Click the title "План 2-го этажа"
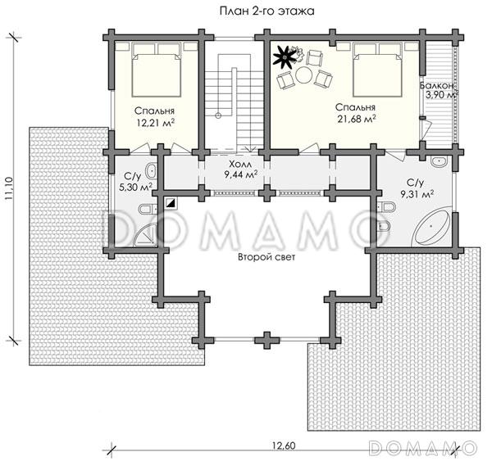[266, 11]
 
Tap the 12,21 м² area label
[156, 123]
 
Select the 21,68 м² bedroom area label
[357, 119]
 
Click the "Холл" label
[241, 165]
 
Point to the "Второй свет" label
[266, 258]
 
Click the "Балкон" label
[436, 85]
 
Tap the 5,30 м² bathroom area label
[135, 188]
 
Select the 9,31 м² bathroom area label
[417, 194]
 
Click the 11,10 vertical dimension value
[8, 188]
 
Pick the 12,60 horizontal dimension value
[284, 445]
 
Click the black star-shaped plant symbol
[285, 57]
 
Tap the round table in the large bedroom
[303, 75]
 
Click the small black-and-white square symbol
[171, 203]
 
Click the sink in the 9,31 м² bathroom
[440, 162]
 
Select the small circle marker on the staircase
[218, 115]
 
